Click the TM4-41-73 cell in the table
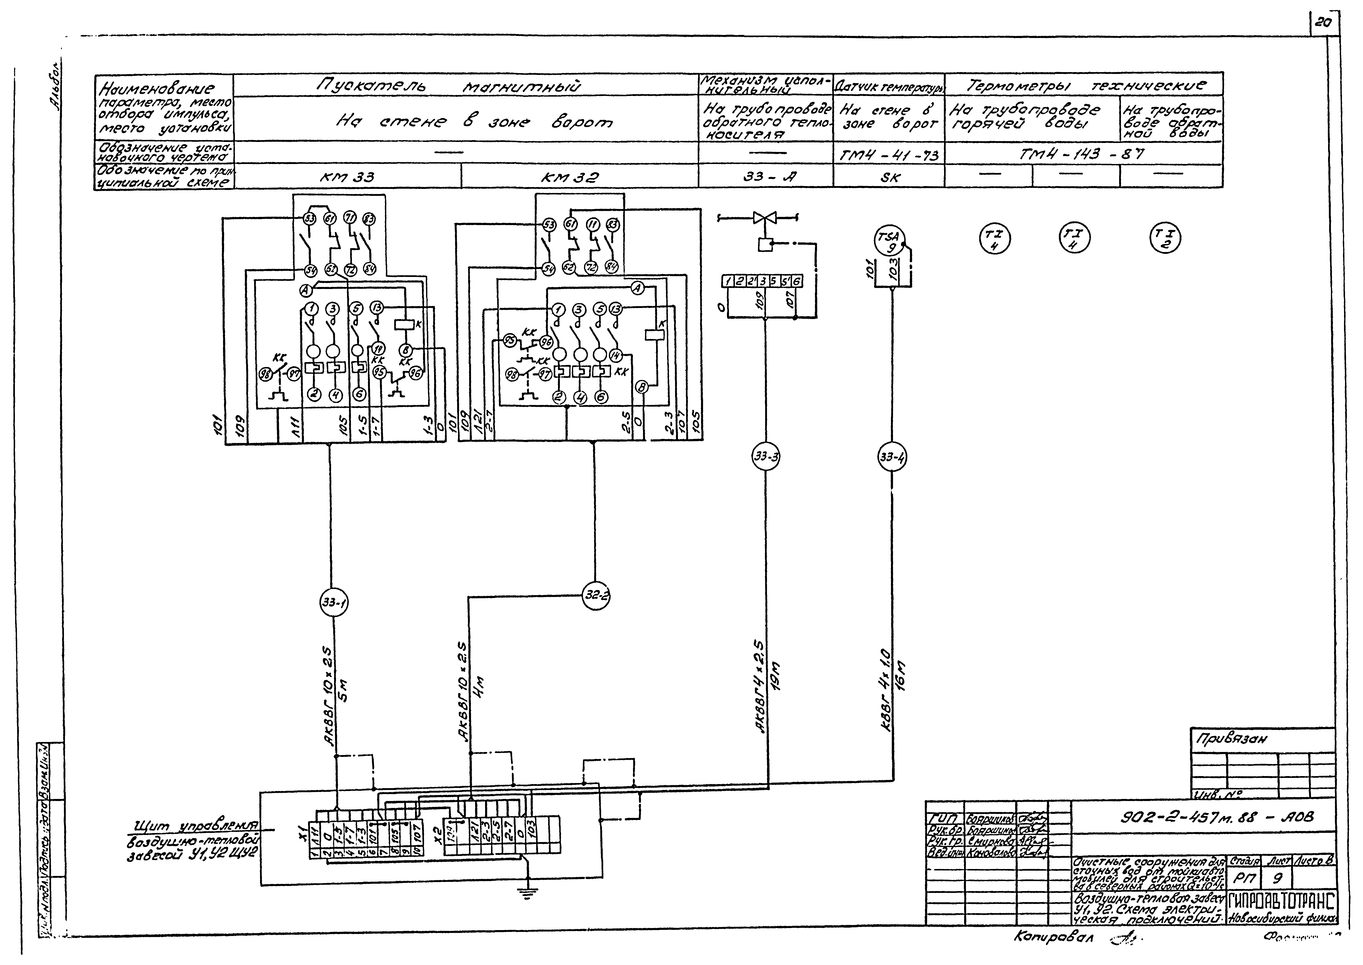click(889, 156)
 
